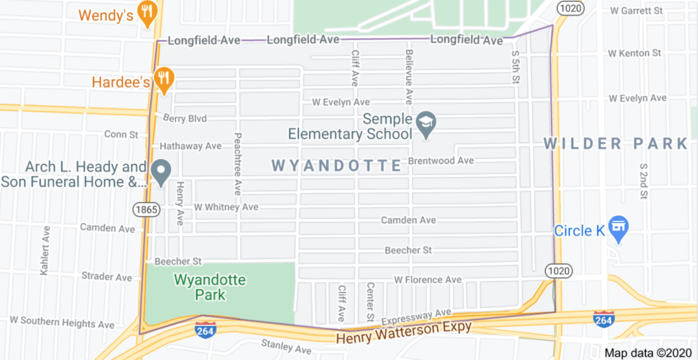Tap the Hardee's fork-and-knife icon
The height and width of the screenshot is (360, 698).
pos(163,78)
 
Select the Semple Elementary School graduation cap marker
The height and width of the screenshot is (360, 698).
pos(427,124)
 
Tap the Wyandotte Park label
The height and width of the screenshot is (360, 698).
pos(210,287)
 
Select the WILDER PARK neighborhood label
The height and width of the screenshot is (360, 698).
pos(616,144)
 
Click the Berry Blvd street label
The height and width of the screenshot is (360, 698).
pos(185,119)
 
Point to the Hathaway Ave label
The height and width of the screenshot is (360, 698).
pos(191,146)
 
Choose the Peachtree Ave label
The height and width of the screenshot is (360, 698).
pos(238,164)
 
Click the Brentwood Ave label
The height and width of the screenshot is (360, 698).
pos(440,161)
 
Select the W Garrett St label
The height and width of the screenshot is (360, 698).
pos(636,11)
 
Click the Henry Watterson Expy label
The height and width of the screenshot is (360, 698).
pos(404,332)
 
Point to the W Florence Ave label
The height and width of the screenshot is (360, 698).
pos(427,280)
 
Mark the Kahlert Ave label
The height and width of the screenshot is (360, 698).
pos(46,250)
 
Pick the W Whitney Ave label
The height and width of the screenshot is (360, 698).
pos(226,207)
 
